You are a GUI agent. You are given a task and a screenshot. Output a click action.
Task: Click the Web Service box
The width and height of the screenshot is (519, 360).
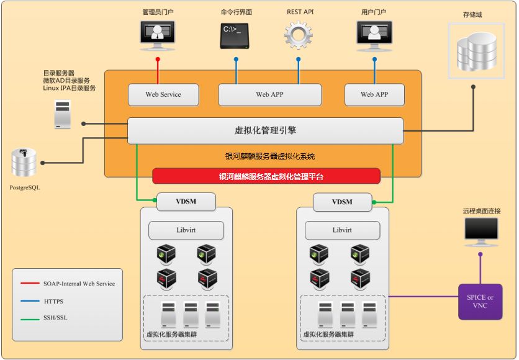click(163, 94)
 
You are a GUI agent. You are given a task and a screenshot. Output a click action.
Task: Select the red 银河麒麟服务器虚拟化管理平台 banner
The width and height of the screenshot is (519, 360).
click(266, 176)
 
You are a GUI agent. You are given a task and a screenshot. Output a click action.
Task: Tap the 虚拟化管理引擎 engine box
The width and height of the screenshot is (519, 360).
click(265, 131)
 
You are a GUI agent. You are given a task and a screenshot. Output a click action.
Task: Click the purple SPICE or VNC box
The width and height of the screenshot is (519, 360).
click(480, 302)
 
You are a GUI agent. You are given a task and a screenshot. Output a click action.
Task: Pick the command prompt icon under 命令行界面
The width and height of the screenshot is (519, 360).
click(234, 36)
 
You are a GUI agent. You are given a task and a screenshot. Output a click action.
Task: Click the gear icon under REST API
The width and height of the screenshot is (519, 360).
click(298, 35)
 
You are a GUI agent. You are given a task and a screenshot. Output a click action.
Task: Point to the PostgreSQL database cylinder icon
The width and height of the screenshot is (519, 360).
click(24, 162)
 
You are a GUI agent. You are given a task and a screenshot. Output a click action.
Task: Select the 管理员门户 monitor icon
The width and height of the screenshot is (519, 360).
click(158, 36)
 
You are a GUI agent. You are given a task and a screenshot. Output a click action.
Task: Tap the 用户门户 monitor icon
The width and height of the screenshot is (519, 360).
click(374, 36)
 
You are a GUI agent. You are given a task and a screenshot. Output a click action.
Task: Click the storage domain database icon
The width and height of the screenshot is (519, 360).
click(476, 51)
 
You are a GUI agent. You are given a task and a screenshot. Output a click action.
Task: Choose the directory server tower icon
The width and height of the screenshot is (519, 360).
click(63, 114)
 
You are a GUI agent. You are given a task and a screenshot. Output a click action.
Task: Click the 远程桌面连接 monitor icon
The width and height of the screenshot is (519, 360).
click(481, 232)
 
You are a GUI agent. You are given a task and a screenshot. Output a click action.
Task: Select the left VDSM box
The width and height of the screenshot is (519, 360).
click(186, 202)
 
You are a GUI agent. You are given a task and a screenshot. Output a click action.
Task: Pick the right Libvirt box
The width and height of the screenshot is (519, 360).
click(342, 230)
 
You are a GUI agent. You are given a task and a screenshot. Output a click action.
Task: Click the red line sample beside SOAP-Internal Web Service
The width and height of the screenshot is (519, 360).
click(30, 283)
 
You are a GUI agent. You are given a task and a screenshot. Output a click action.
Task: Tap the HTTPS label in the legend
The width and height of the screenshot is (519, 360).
click(53, 302)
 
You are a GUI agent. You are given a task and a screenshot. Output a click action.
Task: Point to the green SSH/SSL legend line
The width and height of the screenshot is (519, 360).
click(30, 319)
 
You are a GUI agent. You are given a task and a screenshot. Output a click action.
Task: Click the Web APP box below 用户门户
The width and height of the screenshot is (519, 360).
click(374, 94)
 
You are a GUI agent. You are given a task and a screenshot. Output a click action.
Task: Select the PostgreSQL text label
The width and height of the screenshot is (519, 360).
click(24, 187)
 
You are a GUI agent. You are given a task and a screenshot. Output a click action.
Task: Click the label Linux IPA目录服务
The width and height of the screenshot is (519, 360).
click(70, 88)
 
